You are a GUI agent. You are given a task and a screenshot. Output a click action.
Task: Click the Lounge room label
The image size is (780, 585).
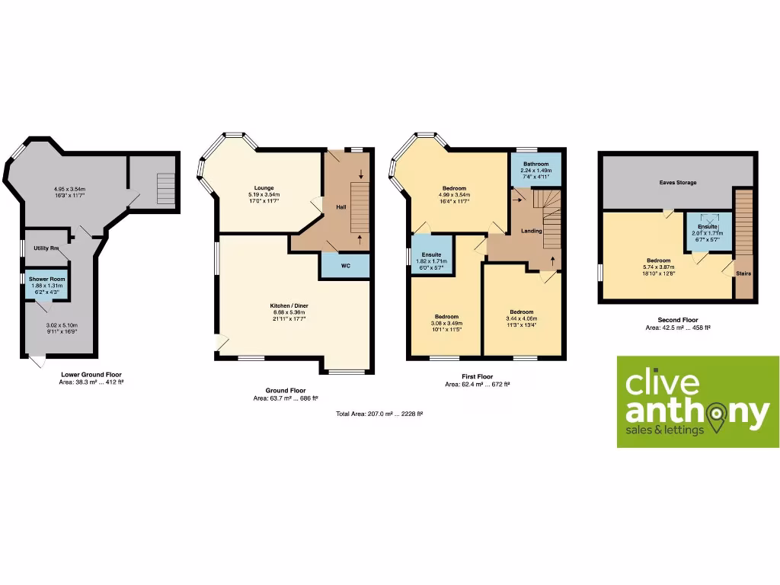[x=264, y=187]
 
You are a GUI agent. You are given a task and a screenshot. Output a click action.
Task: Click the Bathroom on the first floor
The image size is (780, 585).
[x=535, y=168]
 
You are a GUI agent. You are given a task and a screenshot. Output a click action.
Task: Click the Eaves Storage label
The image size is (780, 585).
[x=677, y=183]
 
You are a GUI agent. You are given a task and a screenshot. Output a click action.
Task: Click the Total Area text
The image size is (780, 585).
[x=379, y=414]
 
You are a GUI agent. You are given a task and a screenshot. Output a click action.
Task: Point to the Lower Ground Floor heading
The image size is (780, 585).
[x=91, y=375]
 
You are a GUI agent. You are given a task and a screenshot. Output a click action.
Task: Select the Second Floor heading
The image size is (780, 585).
[x=677, y=320]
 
